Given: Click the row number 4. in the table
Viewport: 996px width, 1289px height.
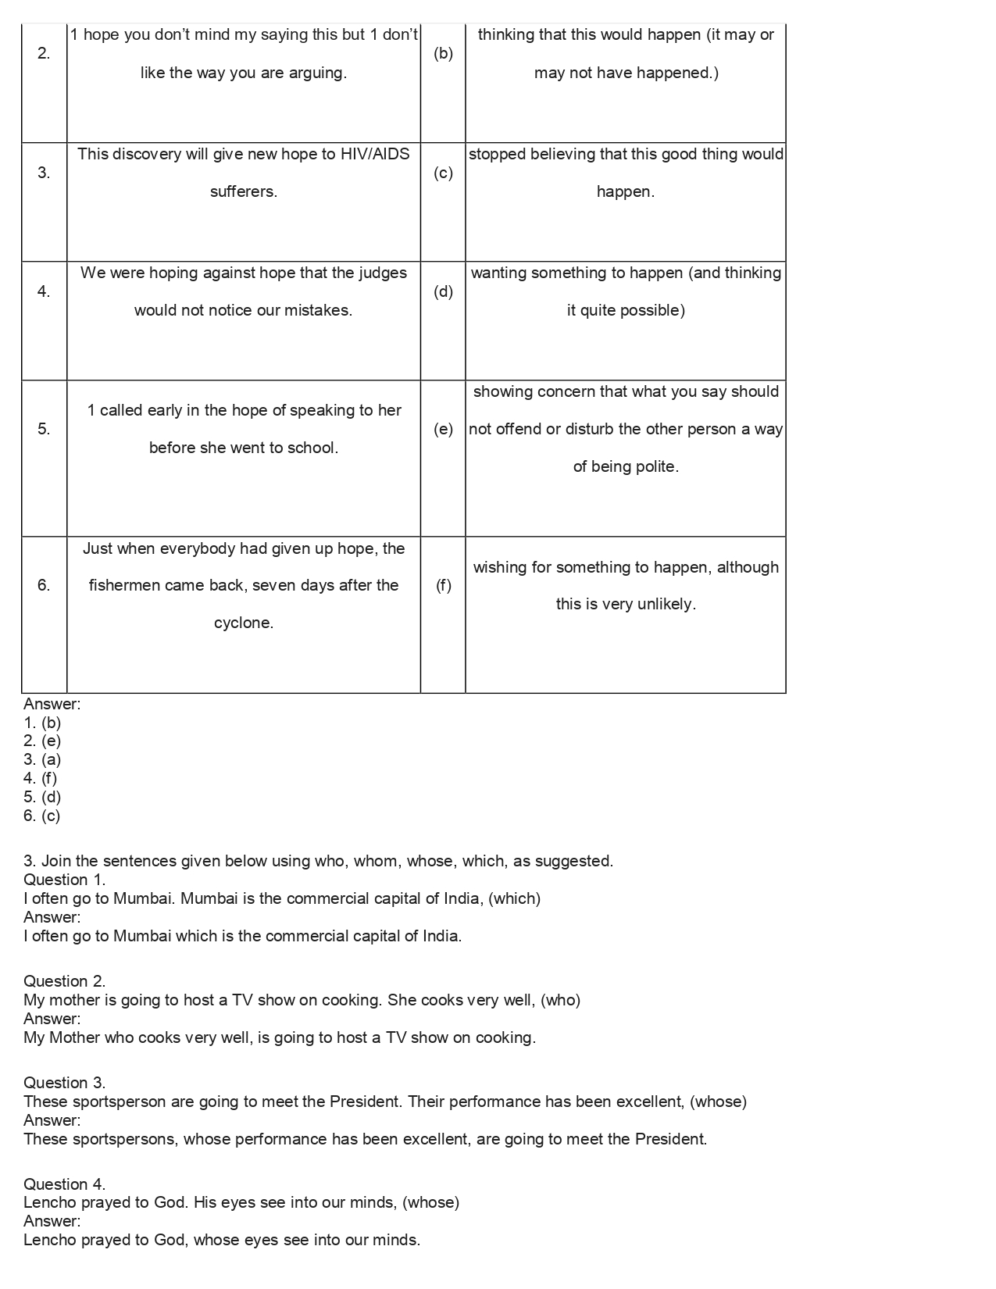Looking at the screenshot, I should (x=44, y=291).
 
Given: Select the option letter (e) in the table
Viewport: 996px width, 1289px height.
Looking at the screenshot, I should (x=443, y=429).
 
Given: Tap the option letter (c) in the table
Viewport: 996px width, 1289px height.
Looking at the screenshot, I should (x=443, y=173).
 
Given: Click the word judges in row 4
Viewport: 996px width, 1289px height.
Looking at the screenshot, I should (x=383, y=273).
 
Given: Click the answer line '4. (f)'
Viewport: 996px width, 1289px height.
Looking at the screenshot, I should (x=41, y=778).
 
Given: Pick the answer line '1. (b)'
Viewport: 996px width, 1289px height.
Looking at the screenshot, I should (x=42, y=723).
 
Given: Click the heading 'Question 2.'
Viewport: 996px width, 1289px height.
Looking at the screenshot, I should (x=65, y=981).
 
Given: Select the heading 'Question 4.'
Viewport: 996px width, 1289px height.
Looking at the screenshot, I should (x=65, y=1184).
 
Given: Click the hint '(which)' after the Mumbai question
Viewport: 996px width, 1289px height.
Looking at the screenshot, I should (x=515, y=898).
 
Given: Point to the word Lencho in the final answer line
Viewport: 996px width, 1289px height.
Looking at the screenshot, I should (x=49, y=1240).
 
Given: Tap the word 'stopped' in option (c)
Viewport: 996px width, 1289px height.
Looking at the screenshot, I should (x=497, y=154).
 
